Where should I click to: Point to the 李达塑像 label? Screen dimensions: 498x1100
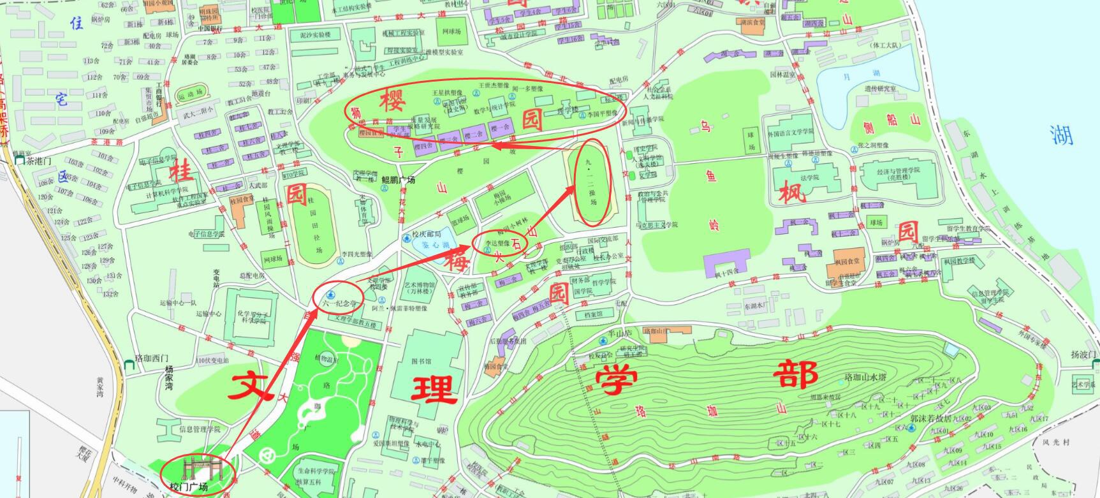498,244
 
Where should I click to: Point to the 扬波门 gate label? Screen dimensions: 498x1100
1083,355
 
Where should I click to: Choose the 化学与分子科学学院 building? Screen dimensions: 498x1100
250,317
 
